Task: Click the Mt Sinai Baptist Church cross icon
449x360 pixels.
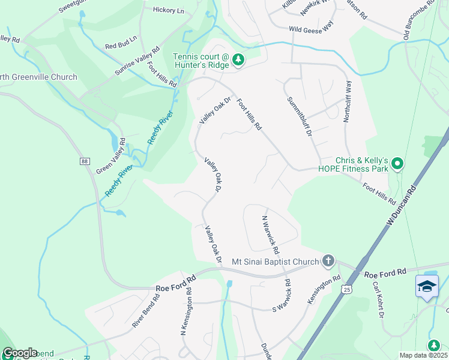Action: pyautogui.click(x=328, y=261)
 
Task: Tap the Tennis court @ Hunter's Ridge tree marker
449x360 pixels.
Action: pyautogui.click(x=238, y=60)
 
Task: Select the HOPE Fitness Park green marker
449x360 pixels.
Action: pyautogui.click(x=397, y=163)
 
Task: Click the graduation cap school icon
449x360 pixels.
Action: pyautogui.click(x=427, y=286)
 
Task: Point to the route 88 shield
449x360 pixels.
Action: pyautogui.click(x=83, y=161)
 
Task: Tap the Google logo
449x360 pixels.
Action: pyautogui.click(x=19, y=353)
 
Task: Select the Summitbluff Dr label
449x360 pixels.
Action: pyautogui.click(x=300, y=116)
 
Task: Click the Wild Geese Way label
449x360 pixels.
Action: pyautogui.click(x=311, y=28)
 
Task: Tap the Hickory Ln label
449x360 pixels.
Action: pyautogui.click(x=169, y=10)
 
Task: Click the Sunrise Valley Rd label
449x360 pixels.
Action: pyautogui.click(x=137, y=62)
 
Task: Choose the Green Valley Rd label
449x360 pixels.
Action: pyautogui.click(x=111, y=157)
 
